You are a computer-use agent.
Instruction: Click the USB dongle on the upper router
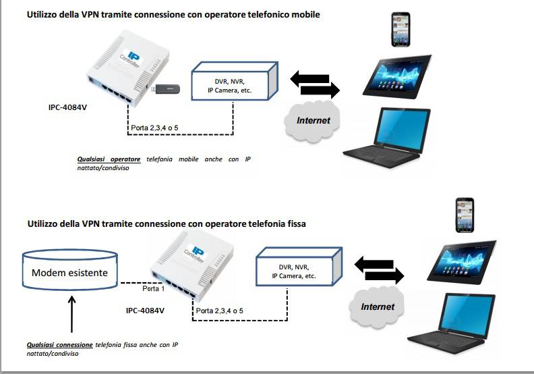click(x=167, y=88)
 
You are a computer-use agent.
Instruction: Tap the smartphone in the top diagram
click(x=401, y=30)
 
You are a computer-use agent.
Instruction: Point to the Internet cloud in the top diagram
click(x=314, y=120)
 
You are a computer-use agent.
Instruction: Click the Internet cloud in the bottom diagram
click(x=377, y=307)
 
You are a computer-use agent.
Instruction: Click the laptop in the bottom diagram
click(x=465, y=324)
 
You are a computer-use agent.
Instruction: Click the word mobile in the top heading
click(x=303, y=14)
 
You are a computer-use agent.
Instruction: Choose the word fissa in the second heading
click(x=295, y=223)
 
